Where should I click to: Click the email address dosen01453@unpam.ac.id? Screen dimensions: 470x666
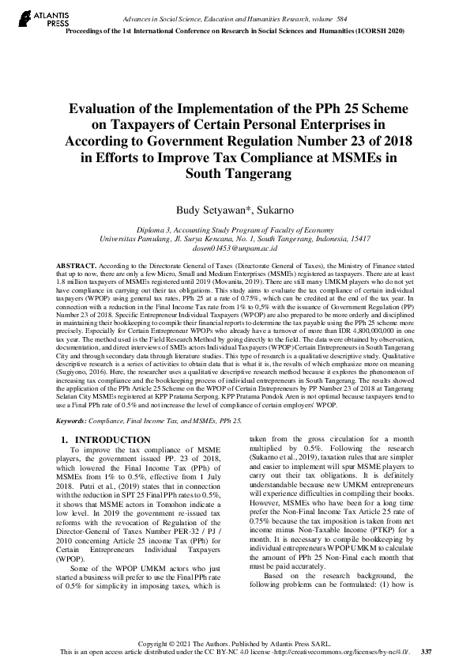tap(234, 247)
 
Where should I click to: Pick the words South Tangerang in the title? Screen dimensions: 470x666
tap(235, 173)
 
